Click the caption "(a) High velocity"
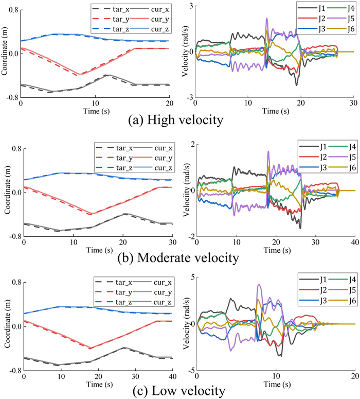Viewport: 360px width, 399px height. pyautogui.click(x=179, y=122)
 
